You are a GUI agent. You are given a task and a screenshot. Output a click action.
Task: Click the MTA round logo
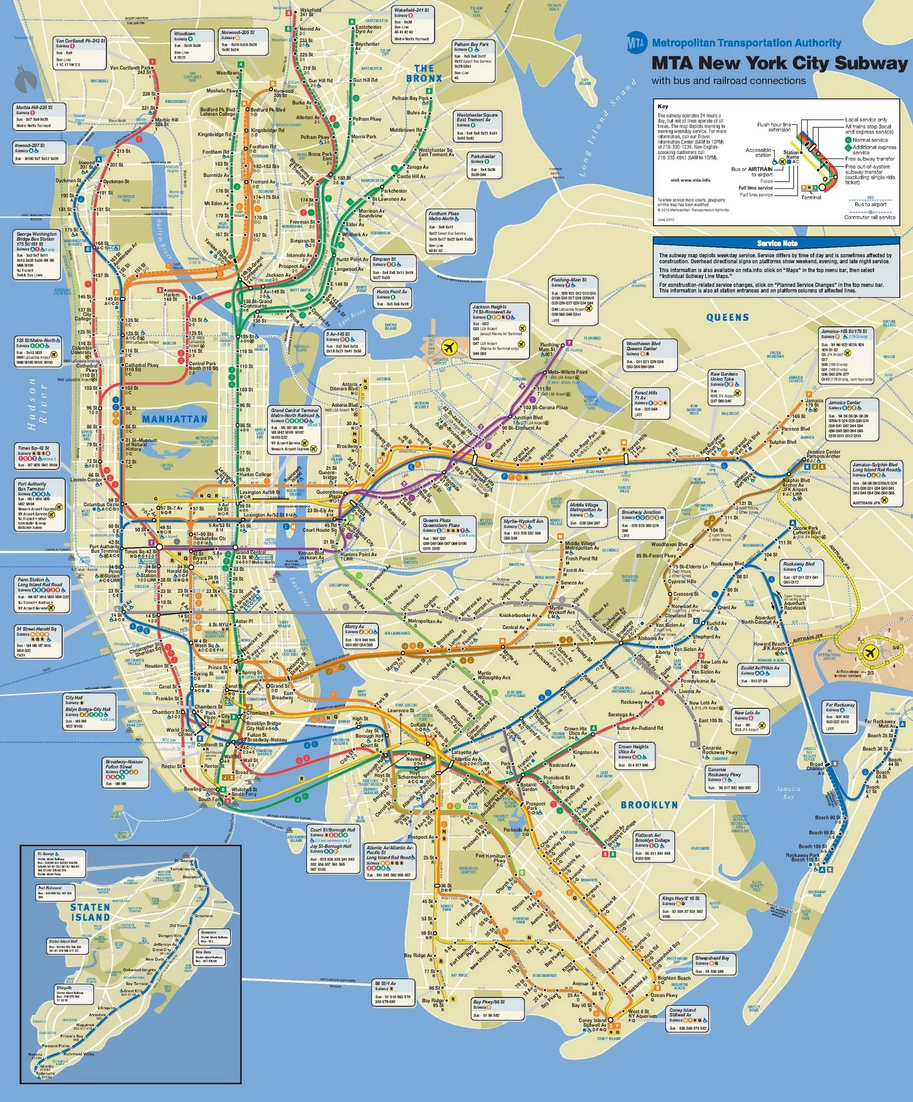coord(636,43)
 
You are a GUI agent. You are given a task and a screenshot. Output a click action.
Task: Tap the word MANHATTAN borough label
coord(175,419)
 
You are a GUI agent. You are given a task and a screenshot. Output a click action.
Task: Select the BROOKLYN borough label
coord(649,805)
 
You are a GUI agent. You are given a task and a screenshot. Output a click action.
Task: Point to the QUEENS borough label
coord(727,317)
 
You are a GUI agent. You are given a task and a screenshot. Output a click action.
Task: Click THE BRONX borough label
coord(424,74)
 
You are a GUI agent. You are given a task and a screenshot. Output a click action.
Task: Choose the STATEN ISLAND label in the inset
coord(90,912)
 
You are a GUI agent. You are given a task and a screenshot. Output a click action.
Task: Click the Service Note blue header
coord(777,243)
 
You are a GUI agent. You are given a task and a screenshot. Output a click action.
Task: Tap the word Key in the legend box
coord(663,107)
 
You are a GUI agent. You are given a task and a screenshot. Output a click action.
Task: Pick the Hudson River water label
coord(37,404)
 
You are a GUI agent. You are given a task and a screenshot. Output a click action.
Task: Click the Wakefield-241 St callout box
coord(413,25)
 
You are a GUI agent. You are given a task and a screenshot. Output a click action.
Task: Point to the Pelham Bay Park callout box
coord(473,61)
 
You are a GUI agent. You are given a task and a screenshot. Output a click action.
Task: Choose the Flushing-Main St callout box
coord(573,300)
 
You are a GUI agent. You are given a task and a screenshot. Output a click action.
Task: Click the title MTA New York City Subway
coord(779,63)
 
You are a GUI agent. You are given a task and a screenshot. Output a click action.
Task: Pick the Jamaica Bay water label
coord(788,793)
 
